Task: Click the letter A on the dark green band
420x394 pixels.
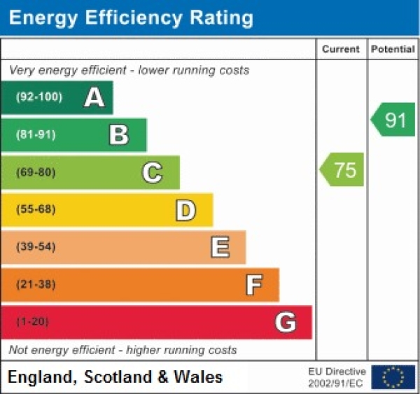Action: [94, 97]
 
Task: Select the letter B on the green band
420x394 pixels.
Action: [119, 134]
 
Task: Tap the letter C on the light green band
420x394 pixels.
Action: [152, 172]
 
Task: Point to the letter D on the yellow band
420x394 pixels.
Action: [185, 210]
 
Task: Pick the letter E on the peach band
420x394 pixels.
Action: [219, 247]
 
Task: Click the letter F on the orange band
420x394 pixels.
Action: [253, 285]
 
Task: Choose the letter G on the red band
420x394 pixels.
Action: [285, 322]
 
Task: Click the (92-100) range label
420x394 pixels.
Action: [38, 97]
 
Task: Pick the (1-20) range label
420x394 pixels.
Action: [32, 322]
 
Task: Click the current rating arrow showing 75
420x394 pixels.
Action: [342, 170]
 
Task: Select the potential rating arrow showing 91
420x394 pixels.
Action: [393, 120]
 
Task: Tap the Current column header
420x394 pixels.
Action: [341, 49]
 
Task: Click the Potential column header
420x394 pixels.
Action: [393, 49]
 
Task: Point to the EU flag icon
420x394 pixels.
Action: [393, 377]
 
